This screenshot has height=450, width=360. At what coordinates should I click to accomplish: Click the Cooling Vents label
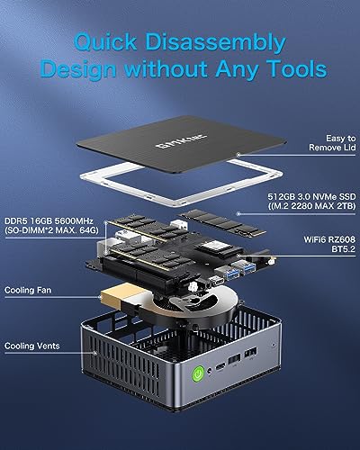point(31,346)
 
